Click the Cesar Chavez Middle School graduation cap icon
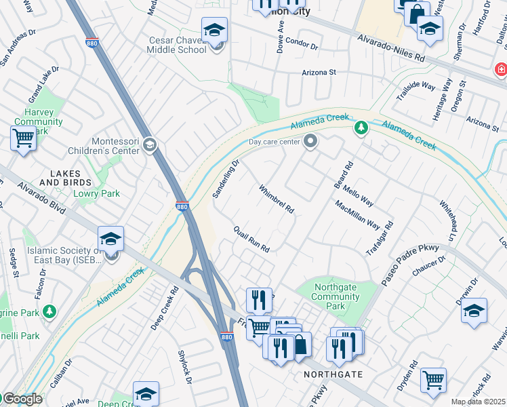pyautogui.click(x=214, y=31)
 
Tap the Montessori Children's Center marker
pyautogui.click(x=150, y=144)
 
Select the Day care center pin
pyautogui.click(x=310, y=141)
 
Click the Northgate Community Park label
pyautogui.click(x=335, y=296)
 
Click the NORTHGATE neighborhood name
pyautogui.click(x=333, y=374)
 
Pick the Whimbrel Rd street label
pyautogui.click(x=277, y=199)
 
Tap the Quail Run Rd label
pyautogui.click(x=251, y=239)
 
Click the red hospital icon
pyautogui.click(x=501, y=69)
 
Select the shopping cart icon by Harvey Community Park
pyautogui.click(x=23, y=138)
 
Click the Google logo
pyautogui.click(x=22, y=399)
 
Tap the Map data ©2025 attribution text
pyautogui.click(x=479, y=402)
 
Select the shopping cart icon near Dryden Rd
pyautogui.click(x=433, y=379)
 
